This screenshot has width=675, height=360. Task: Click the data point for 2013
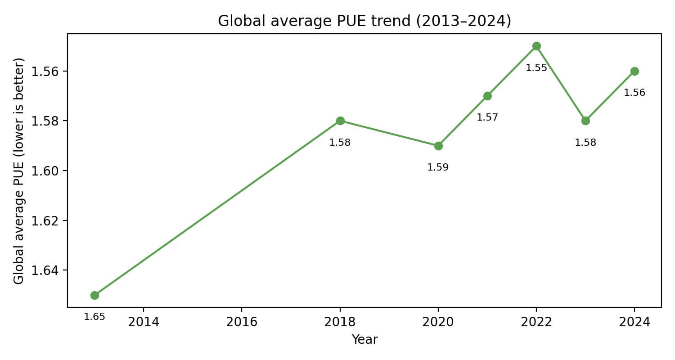point(94,295)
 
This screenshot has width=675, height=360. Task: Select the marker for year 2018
point(340,121)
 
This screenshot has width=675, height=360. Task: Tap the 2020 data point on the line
point(438,146)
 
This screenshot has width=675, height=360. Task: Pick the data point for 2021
point(487,96)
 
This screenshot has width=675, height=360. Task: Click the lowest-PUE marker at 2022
point(536,46)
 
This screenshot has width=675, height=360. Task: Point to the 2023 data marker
point(585,121)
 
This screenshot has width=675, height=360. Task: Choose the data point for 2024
point(634,71)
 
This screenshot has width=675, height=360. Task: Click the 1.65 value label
point(94,317)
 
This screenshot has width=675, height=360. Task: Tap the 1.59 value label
point(438,167)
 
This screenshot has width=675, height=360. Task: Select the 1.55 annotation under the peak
point(536,68)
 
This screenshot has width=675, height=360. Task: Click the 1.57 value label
point(487,117)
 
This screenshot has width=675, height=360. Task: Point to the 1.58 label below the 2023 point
point(585,143)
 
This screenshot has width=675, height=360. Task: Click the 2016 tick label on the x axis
point(242,322)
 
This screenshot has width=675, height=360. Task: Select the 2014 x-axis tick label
point(144,322)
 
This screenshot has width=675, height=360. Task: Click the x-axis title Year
point(364,340)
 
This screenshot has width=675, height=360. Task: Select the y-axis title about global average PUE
point(18,171)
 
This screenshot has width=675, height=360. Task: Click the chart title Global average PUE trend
point(364,21)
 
